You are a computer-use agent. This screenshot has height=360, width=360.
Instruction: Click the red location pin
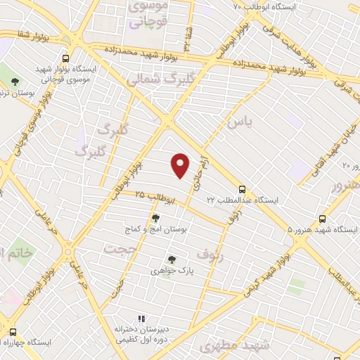coord(181,165)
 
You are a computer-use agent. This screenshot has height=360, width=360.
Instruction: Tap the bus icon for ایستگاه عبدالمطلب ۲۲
coord(243,189)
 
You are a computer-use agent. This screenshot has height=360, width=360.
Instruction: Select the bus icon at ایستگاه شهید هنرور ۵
coord(323,219)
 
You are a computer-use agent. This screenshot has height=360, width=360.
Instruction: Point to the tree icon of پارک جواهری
coord(169,259)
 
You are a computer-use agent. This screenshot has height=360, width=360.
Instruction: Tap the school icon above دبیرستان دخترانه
coord(141,318)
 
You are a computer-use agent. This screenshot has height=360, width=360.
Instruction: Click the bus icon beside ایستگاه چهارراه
coord(12,331)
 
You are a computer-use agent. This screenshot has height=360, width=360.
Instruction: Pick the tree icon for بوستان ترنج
coord(15,82)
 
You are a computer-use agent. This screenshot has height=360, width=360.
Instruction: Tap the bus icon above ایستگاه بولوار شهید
coord(65,59)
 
